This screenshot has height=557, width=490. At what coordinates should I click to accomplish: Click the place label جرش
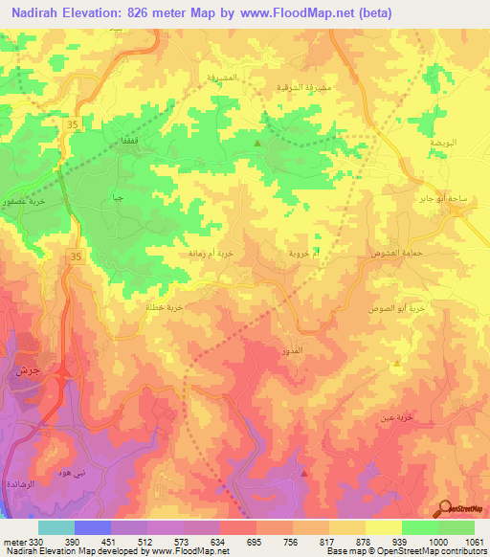(x=25, y=369)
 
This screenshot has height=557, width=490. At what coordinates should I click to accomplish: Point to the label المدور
(x=295, y=351)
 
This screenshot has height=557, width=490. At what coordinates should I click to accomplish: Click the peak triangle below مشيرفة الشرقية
(x=256, y=144)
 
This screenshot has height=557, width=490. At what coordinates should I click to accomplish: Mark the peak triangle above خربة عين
(x=397, y=364)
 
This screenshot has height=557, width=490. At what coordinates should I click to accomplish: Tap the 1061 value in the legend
(x=474, y=543)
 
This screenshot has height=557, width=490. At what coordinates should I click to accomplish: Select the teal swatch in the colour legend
(x=56, y=527)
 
